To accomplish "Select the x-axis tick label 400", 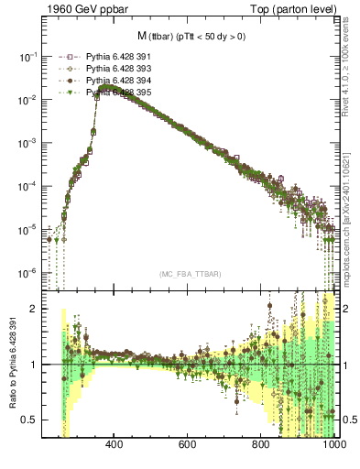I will tap(115, 446).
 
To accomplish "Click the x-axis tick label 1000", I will tap(333, 446).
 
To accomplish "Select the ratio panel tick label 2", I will tap(36, 310).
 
